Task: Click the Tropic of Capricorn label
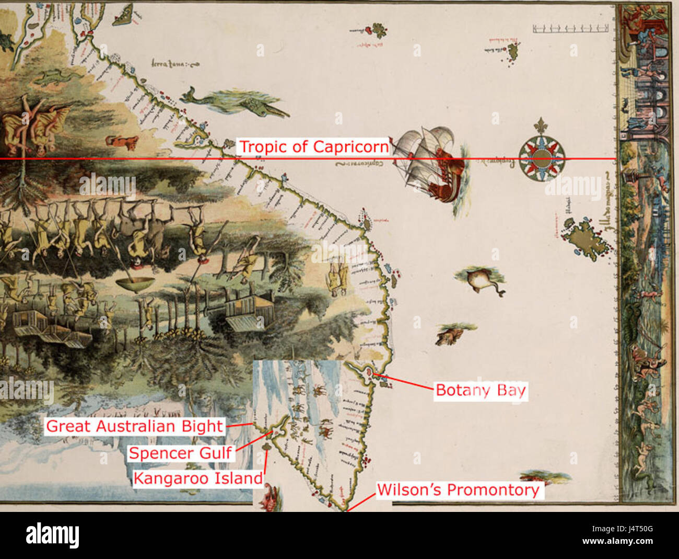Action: coord(313,147)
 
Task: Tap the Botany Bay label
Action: coord(481,391)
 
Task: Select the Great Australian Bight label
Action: coord(135,426)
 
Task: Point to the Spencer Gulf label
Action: coord(180,453)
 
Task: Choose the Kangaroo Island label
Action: coord(197,478)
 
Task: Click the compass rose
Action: coord(542,157)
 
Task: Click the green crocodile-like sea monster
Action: coord(235,101)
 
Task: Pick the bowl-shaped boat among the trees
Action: coord(135,284)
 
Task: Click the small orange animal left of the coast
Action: coord(122,142)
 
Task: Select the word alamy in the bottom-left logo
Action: coord(52,535)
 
